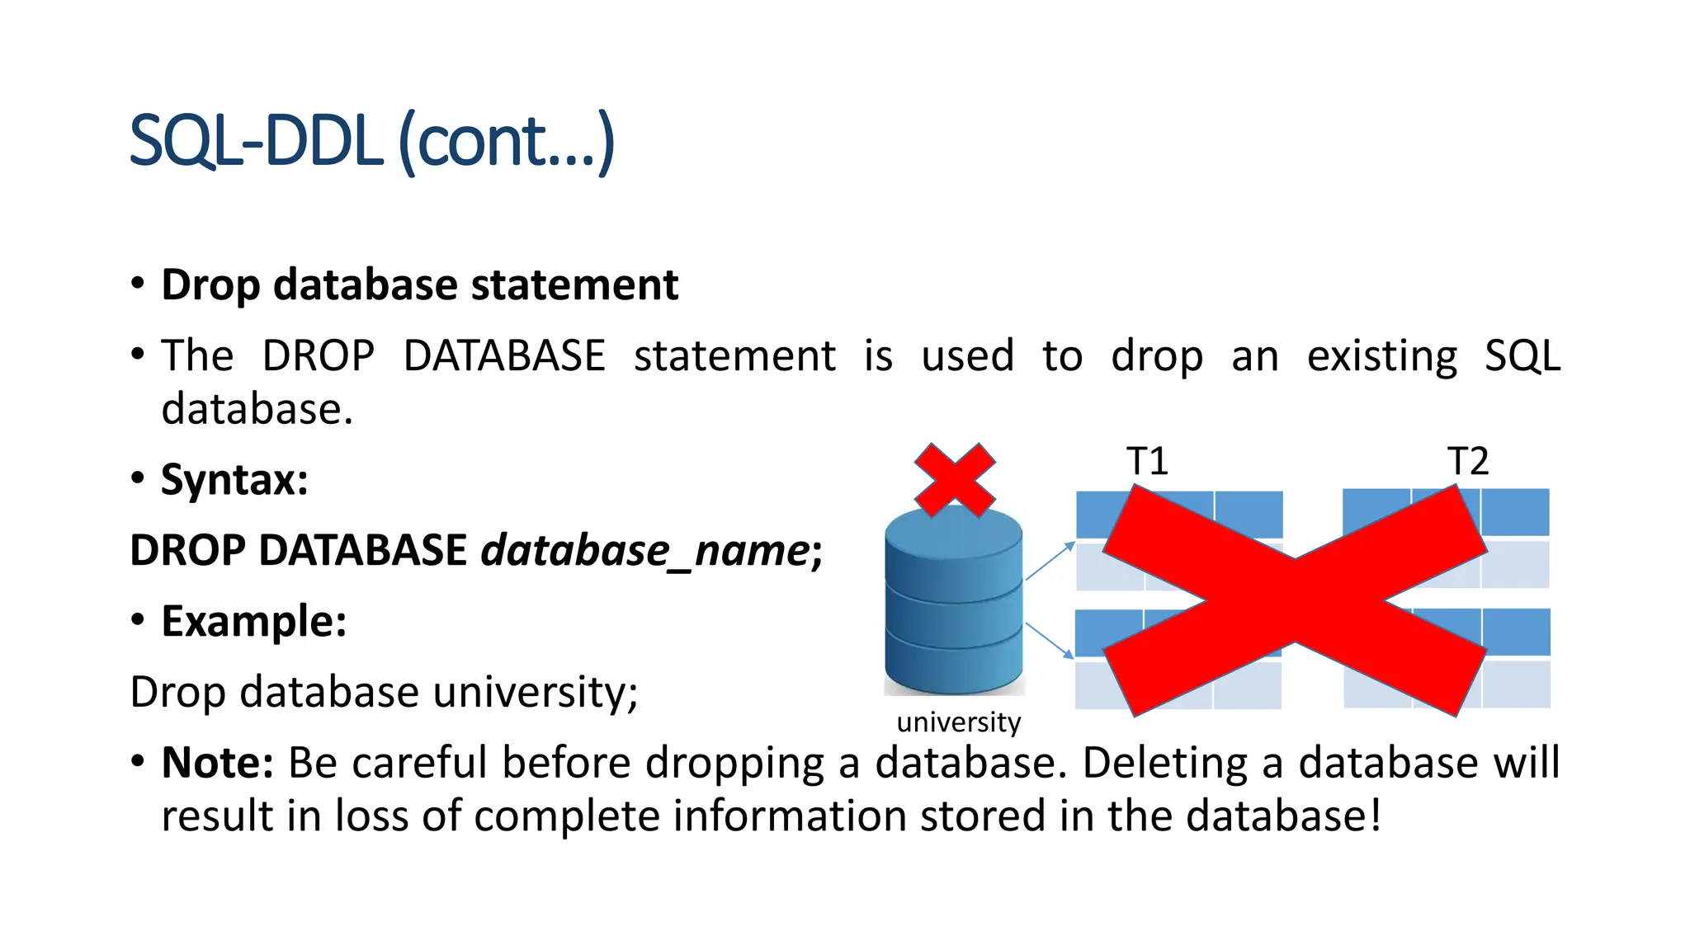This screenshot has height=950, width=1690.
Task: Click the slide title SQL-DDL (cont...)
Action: click(372, 142)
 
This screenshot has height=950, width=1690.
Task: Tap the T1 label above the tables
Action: click(1147, 461)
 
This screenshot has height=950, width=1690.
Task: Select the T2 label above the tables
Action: click(1467, 461)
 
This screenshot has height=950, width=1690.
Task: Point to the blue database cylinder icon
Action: click(954, 602)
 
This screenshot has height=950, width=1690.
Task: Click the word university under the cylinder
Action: click(959, 722)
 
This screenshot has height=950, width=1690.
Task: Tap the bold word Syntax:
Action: click(234, 480)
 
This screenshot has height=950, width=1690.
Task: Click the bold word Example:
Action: click(253, 621)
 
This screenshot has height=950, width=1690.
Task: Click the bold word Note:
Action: click(217, 762)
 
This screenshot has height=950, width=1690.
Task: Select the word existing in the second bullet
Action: click(1382, 356)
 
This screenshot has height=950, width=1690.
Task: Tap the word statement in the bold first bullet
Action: click(574, 285)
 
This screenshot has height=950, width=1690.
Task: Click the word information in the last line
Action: click(790, 816)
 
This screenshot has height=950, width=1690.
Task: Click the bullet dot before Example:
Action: click(138, 619)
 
